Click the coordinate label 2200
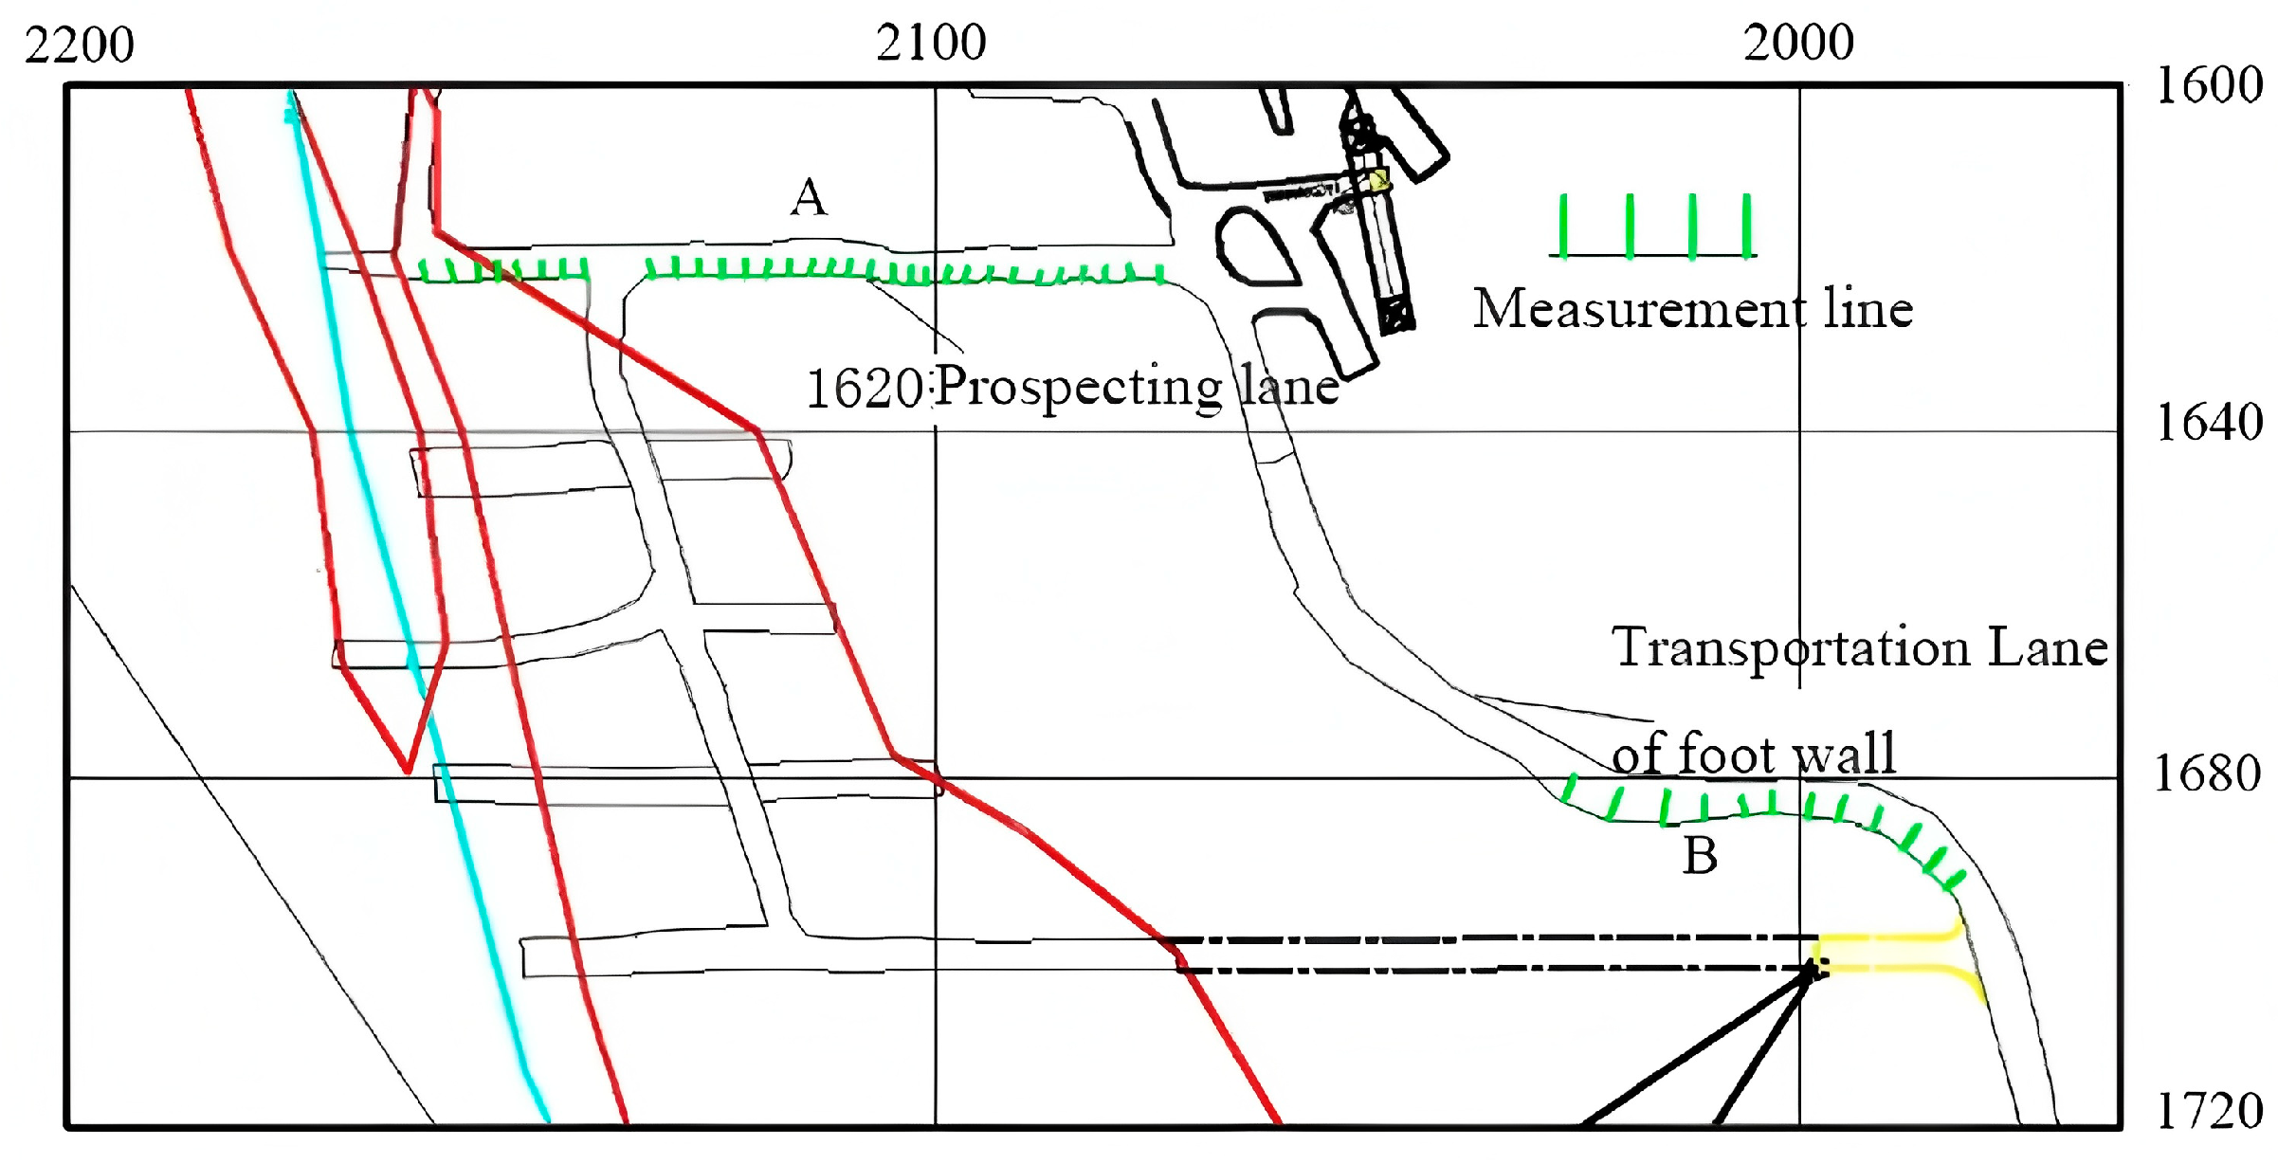pos(80,45)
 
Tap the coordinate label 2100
pos(930,43)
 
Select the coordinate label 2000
pos(1797,43)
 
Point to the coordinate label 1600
pos(2209,85)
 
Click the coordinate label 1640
pos(2209,423)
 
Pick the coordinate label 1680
pos(2207,773)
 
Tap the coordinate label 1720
pos(2209,1111)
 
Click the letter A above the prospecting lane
pos(809,197)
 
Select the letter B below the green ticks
pos(1700,856)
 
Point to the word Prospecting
pos(1080,387)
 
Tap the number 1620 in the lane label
pos(864,389)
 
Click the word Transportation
pos(1791,647)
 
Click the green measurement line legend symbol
pos(1653,227)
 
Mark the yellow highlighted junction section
pos(1896,953)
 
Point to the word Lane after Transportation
pos(2047,647)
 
